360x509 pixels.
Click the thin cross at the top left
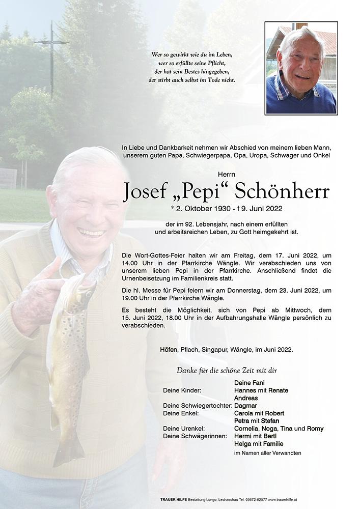[51, 59]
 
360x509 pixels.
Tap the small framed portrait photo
[300, 68]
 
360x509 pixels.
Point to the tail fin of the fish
[68, 450]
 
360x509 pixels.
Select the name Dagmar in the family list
[245, 406]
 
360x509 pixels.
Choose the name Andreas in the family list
[246, 398]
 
